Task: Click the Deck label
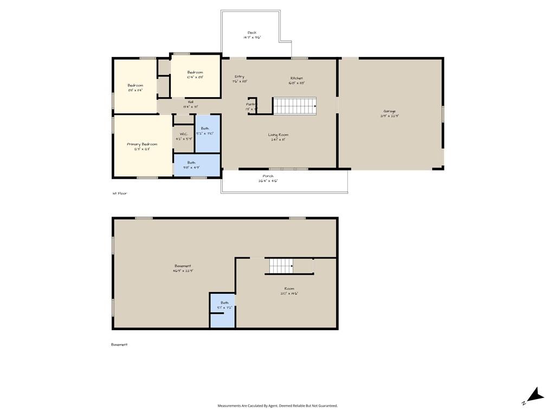pos(251,33)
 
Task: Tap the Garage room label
pos(389,111)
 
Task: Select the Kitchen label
pos(296,78)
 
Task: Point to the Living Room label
pos(278,135)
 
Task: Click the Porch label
pos(268,176)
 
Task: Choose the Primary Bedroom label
pos(142,144)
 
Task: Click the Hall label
pos(190,102)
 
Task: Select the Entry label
pos(239,77)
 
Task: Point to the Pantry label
pos(251,104)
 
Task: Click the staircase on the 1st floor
pos(294,106)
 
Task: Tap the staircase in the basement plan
pos(281,266)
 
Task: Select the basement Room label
pos(289,289)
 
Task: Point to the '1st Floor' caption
pos(120,193)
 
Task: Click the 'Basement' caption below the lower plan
pos(119,344)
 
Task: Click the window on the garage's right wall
pos(443,113)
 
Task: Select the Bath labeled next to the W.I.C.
pos(205,129)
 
